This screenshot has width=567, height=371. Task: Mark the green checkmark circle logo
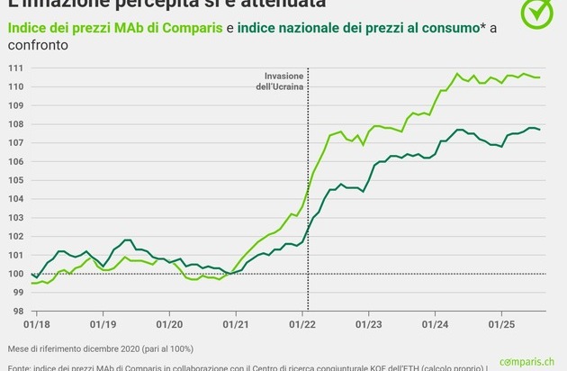539,13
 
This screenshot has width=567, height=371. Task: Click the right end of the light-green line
539,77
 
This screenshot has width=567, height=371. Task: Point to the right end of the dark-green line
539,130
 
